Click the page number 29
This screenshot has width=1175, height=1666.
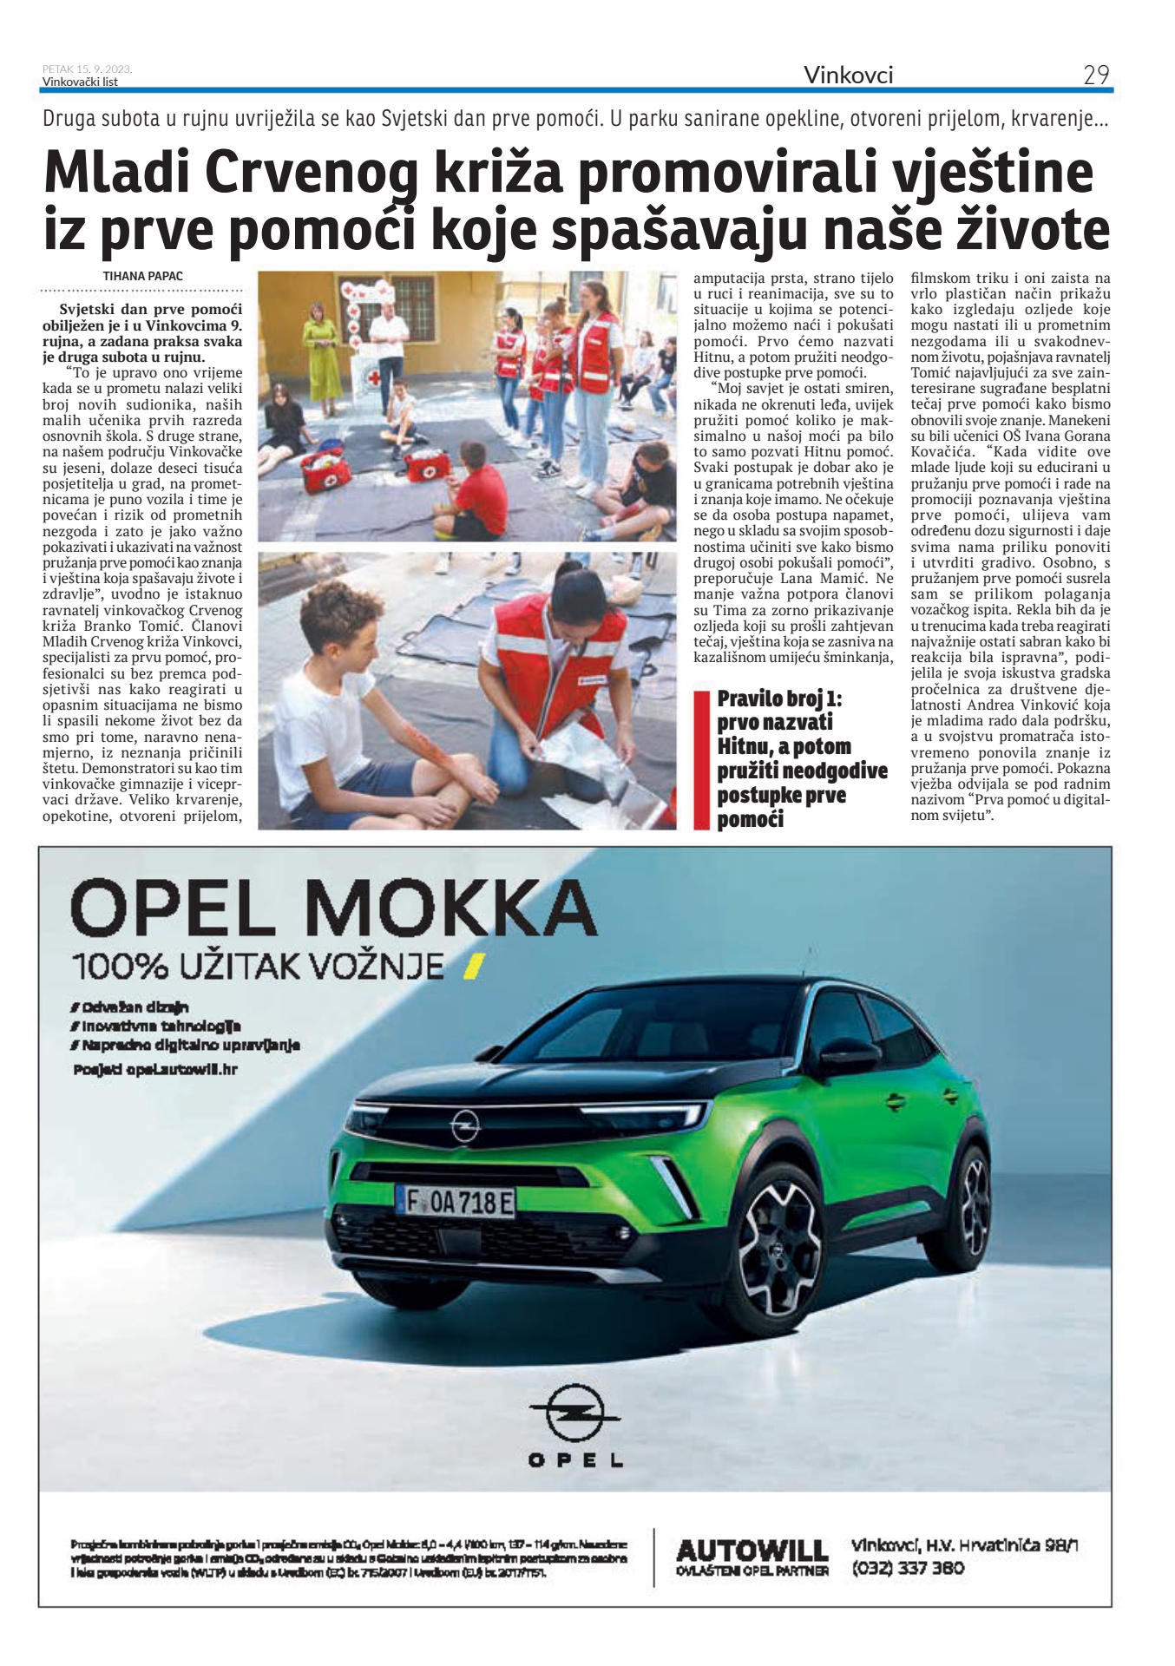point(1096,75)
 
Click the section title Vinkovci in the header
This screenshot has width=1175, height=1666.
point(848,75)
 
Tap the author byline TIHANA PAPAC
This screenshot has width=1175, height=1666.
point(143,276)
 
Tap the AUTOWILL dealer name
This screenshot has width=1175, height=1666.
point(752,1549)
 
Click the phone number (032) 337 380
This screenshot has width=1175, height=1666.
point(908,1569)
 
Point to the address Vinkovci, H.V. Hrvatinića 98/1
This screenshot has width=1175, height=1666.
point(964,1545)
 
